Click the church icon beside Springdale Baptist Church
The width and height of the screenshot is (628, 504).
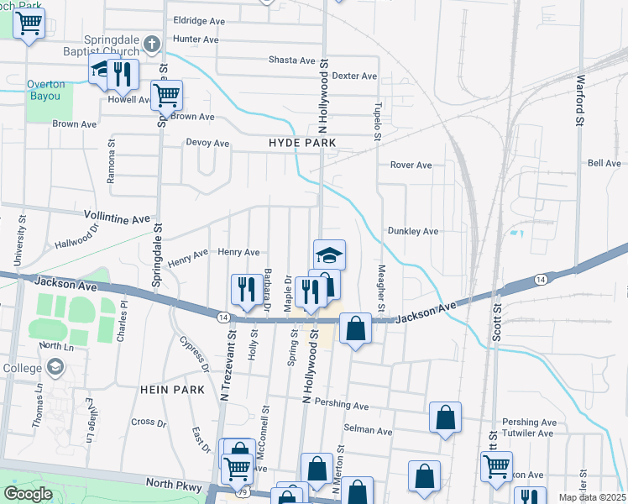tap(151, 44)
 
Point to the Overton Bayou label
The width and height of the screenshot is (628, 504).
tap(44, 90)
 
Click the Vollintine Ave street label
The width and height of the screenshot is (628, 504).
tap(117, 218)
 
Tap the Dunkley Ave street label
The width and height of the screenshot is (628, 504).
tap(413, 231)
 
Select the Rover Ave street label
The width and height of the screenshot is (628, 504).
tap(411, 165)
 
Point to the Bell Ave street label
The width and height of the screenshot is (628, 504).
tap(604, 163)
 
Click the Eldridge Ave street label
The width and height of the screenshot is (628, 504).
tap(199, 20)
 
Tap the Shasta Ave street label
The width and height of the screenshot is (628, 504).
tap(291, 60)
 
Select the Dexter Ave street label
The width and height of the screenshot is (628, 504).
tap(354, 76)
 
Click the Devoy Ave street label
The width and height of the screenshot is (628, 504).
tap(207, 144)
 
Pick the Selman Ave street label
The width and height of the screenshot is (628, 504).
tap(373, 431)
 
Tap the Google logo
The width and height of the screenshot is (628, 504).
tap(28, 494)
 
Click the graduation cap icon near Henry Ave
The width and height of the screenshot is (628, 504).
tap(329, 255)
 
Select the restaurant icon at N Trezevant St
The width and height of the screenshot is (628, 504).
tap(243, 290)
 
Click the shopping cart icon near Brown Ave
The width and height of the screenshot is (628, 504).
tap(167, 96)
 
